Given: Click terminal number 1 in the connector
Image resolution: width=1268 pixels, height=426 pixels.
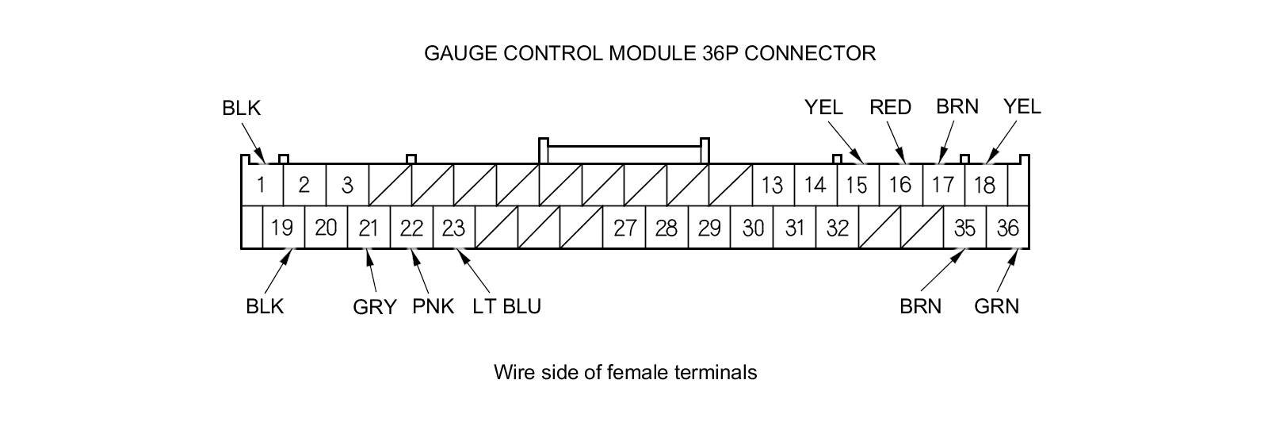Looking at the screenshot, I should click(x=261, y=186).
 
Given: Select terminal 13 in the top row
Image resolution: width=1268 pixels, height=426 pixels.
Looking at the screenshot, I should click(x=772, y=186).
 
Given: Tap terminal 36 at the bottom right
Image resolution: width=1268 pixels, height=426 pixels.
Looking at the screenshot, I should click(x=1007, y=228).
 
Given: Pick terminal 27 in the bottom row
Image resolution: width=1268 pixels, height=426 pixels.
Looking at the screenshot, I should click(x=624, y=228).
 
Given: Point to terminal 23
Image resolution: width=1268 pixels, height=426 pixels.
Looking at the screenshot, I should click(x=453, y=228).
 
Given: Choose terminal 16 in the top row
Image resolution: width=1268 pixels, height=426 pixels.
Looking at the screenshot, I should click(x=899, y=186).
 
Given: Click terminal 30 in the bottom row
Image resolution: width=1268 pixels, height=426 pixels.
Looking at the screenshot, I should click(x=753, y=228).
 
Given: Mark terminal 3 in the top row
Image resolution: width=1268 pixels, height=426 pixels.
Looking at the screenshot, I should click(x=347, y=186).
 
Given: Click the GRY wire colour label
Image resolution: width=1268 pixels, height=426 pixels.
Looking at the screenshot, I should click(x=374, y=307).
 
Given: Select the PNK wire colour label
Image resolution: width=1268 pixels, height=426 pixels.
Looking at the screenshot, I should click(x=433, y=306).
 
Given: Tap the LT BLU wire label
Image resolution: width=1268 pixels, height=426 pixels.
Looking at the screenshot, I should click(x=506, y=306).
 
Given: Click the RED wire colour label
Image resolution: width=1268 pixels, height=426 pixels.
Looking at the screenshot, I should click(x=890, y=107).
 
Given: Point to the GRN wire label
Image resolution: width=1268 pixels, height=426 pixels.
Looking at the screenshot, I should click(x=996, y=306).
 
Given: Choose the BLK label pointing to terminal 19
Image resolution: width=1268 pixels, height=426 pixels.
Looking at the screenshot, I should click(x=265, y=306).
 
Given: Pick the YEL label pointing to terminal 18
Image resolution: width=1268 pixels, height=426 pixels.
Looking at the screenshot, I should click(x=1022, y=106).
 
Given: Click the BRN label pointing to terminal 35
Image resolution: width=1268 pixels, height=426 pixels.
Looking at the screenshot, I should click(x=920, y=306).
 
